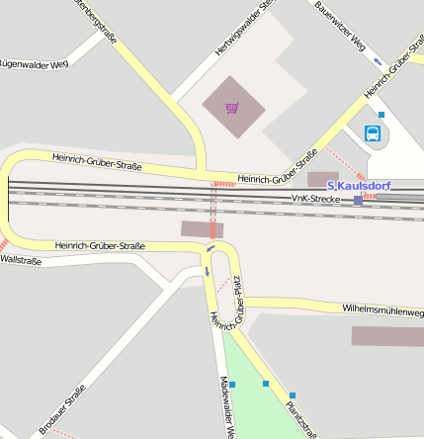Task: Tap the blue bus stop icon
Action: pyautogui.click(x=373, y=134)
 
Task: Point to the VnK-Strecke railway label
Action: pyautogui.click(x=314, y=199)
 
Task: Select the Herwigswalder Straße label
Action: pyautogui.click(x=243, y=28)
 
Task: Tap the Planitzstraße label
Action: pyautogui.click(x=299, y=417)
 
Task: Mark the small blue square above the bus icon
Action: pyautogui.click(x=382, y=115)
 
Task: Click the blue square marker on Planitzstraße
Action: pyautogui.click(x=265, y=383)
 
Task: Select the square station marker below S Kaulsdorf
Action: pyautogui.click(x=358, y=200)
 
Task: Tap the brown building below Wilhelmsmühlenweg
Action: pyautogui.click(x=387, y=335)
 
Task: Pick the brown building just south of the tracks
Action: pyautogui.click(x=202, y=228)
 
